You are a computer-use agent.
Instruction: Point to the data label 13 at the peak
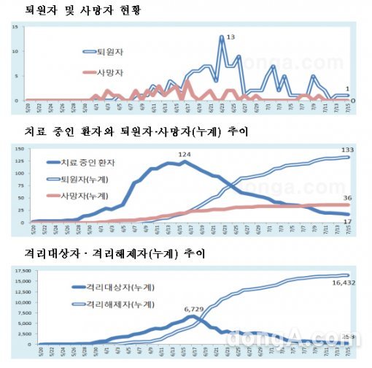tap(230, 36)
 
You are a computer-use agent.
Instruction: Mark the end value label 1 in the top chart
tap(353, 88)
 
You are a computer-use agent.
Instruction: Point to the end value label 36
tap(349, 197)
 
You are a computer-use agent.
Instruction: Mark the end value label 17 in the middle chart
tap(349, 221)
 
